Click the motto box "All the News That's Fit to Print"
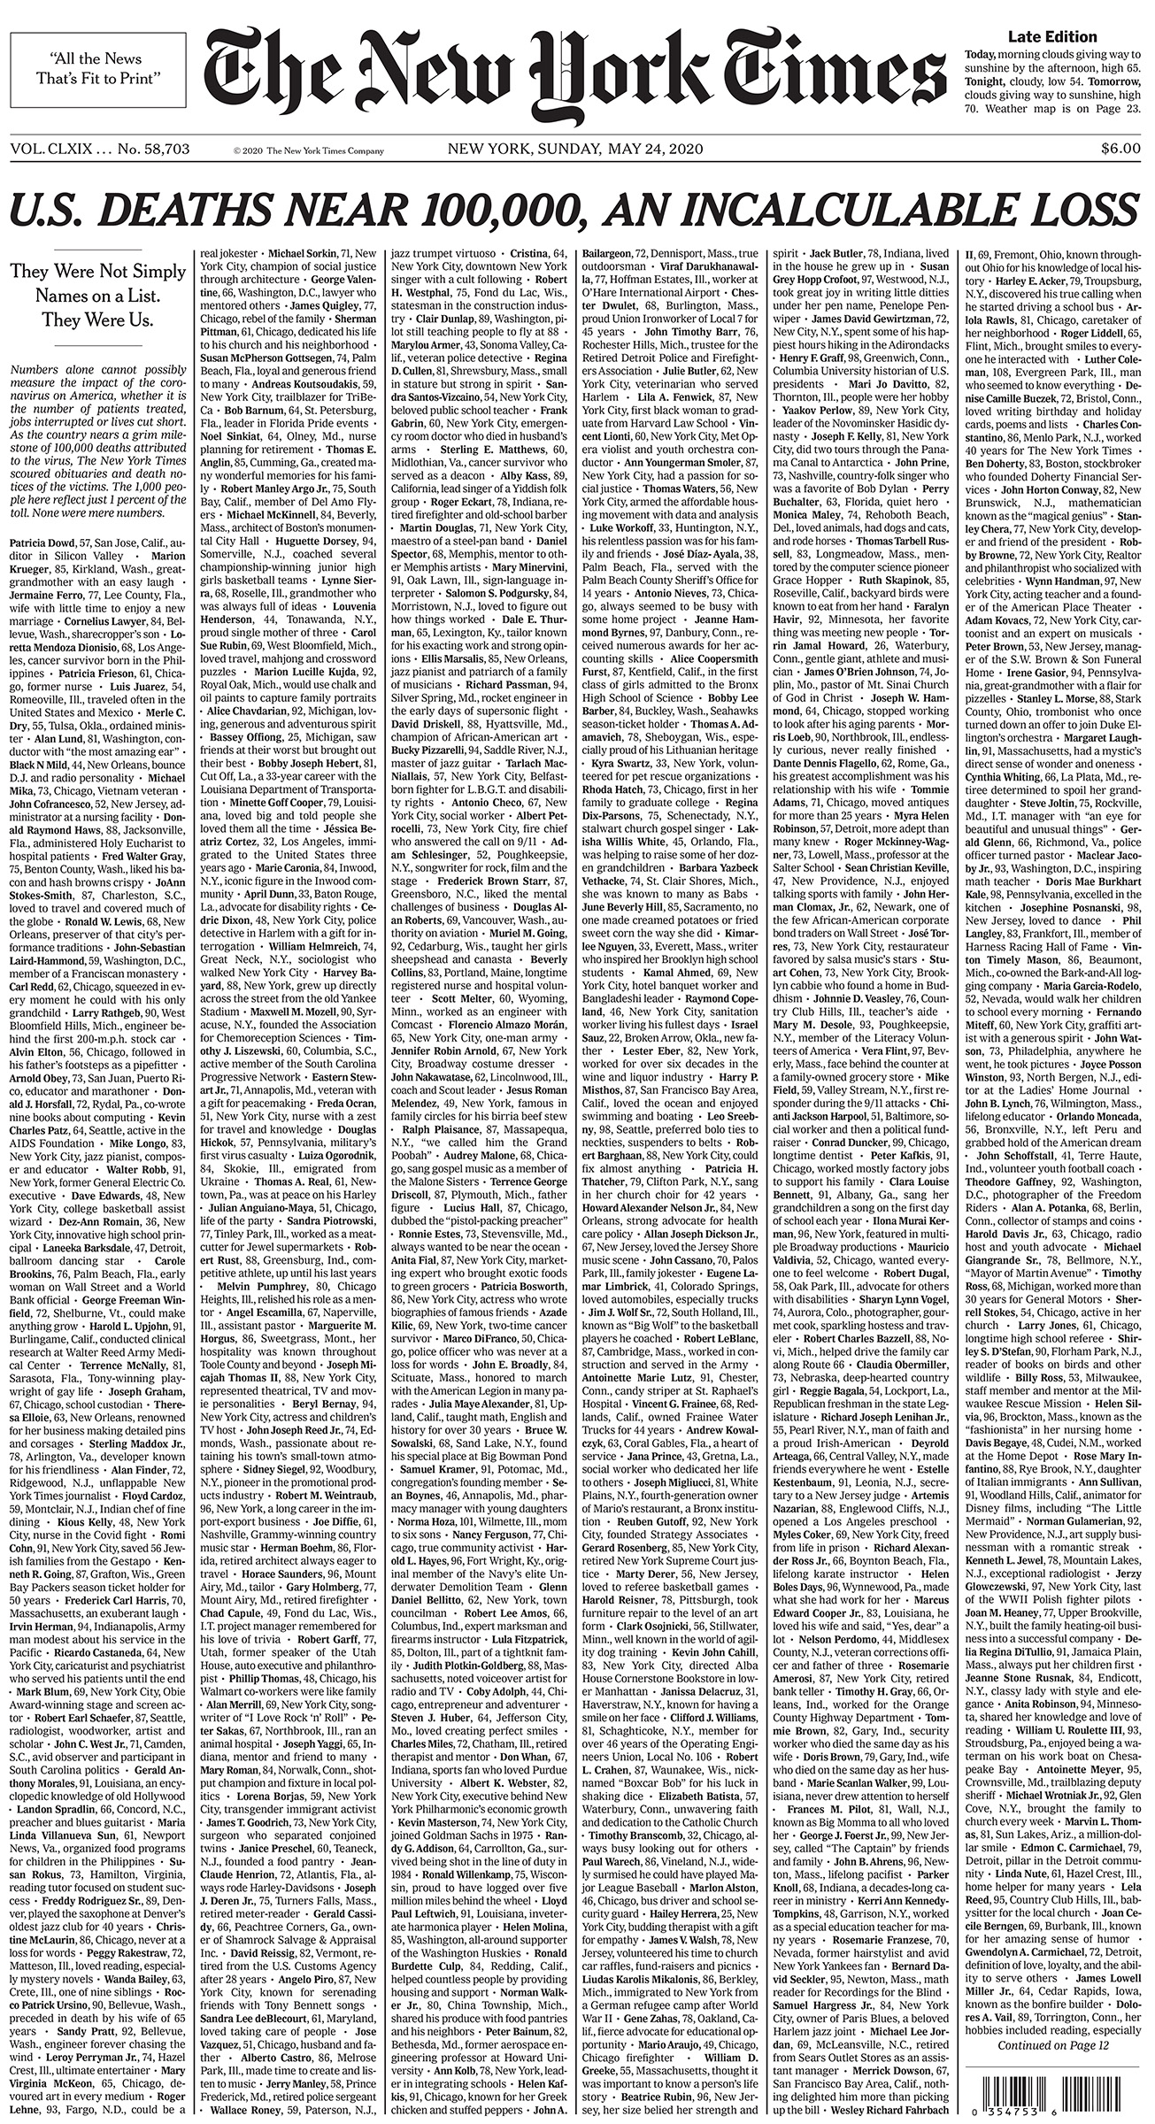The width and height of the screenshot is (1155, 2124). coord(106,70)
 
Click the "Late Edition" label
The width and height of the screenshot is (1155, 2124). coord(1052,37)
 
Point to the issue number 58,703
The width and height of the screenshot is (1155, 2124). coord(159,149)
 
